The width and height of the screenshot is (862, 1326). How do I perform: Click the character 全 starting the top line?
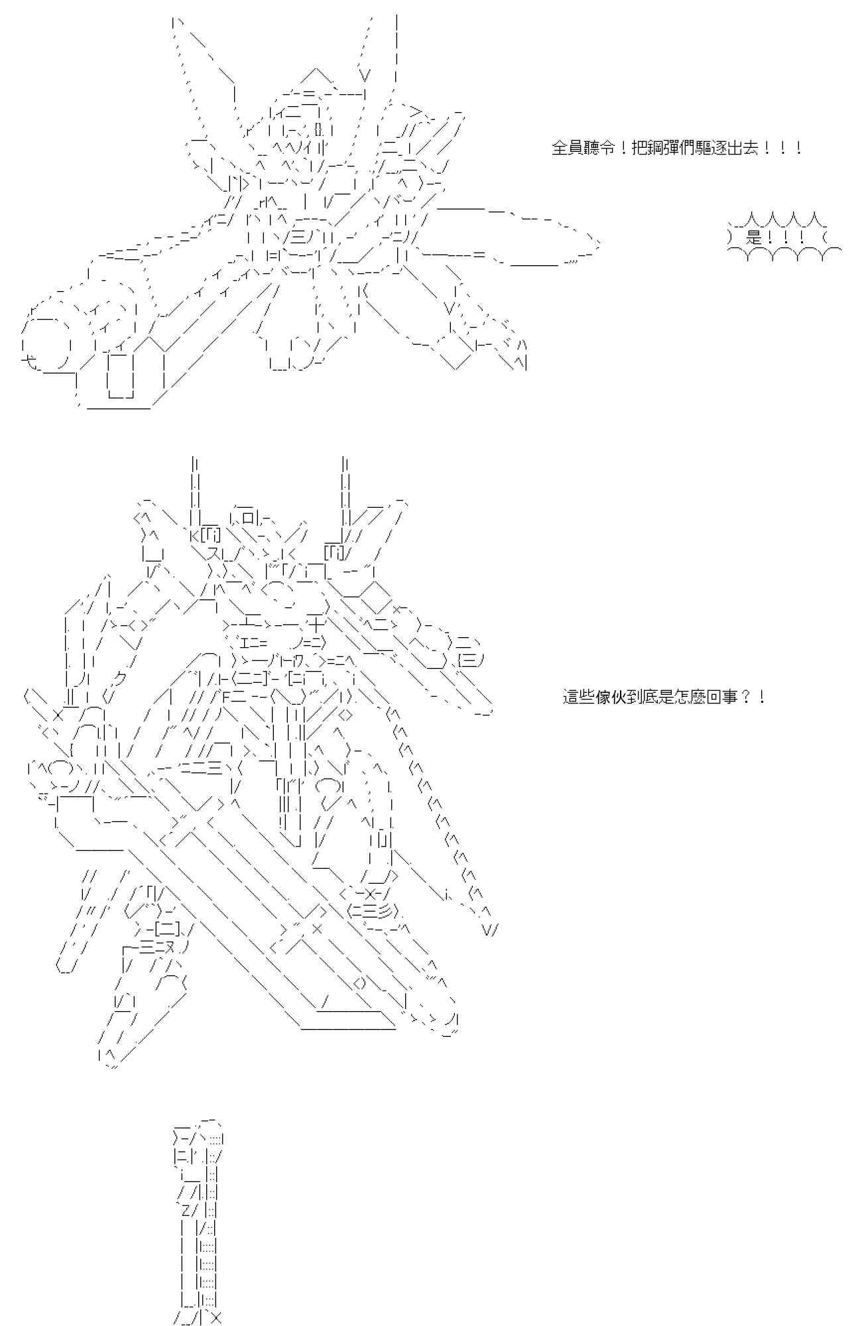(558, 148)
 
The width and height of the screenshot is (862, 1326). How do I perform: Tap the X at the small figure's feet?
(214, 1315)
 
